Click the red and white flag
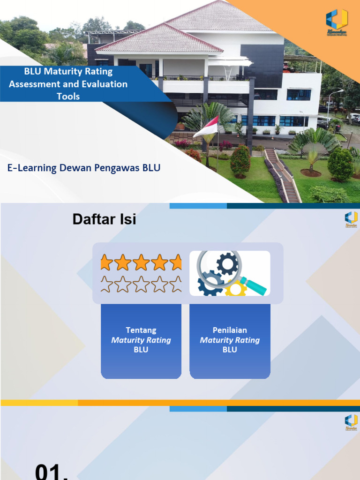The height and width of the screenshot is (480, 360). point(207,127)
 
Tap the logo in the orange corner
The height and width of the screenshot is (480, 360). point(337,21)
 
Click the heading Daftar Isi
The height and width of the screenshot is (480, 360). point(104,219)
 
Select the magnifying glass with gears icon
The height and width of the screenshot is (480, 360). point(230,273)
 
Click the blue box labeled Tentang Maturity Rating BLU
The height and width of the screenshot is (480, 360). point(141,341)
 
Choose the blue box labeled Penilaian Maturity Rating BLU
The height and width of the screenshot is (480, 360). point(230,341)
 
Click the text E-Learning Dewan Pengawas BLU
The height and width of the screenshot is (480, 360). point(84,168)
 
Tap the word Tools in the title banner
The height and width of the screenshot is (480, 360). point(68,97)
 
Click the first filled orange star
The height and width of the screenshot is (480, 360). point(107,262)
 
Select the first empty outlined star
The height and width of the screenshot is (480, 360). point(107,284)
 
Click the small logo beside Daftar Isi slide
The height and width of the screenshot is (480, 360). point(351,219)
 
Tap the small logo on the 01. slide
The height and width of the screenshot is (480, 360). point(351,421)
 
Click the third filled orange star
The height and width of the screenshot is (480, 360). point(141,262)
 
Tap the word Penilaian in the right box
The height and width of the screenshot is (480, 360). point(230,330)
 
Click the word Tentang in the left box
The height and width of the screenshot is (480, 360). point(141,330)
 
